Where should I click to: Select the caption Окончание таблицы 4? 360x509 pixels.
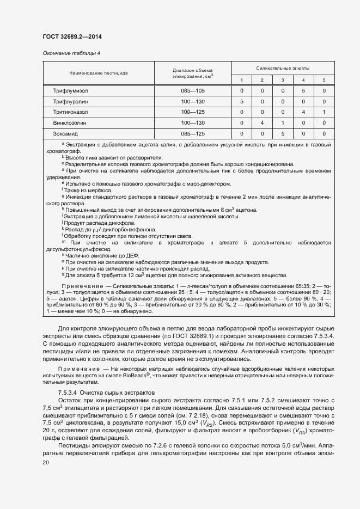coord(71,53)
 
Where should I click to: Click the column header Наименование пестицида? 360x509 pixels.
coord(99,72)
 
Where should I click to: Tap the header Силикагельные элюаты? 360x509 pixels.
coord(283,69)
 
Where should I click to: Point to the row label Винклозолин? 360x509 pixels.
coord(71,122)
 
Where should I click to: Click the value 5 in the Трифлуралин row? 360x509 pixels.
coord(241,101)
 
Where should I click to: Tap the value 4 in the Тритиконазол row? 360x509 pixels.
coord(303,112)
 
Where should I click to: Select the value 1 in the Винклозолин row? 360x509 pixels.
coord(283,122)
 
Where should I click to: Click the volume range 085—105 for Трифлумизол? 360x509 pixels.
coord(193,90)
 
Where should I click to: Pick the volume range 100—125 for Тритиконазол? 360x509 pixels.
coord(193,112)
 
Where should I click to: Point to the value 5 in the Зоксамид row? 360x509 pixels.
coord(283,133)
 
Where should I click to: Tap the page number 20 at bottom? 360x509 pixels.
coord(46,462)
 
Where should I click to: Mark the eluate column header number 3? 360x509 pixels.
coord(283,80)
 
